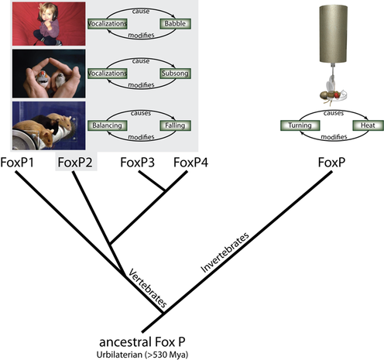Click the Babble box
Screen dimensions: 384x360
(175, 24)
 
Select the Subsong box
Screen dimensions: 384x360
(175, 74)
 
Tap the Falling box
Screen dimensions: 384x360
(175, 125)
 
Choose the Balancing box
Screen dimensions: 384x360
(107, 125)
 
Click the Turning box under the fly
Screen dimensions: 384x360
(300, 125)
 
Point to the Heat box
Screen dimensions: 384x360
(368, 125)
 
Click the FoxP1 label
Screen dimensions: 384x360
(17, 163)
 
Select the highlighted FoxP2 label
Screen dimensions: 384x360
(75, 163)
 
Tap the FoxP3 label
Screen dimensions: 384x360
(138, 163)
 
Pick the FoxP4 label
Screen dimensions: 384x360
(190, 163)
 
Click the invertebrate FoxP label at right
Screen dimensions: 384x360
(331, 163)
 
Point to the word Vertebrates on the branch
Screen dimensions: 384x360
(148, 288)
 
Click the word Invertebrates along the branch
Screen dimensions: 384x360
(225, 252)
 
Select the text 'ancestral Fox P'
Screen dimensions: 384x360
(142, 342)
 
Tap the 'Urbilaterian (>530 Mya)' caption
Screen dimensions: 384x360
(142, 355)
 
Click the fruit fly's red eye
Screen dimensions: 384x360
(337, 95)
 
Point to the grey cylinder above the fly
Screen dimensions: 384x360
(333, 34)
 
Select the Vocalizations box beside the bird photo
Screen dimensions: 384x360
(107, 74)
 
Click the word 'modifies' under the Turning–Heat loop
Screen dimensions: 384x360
(334, 137)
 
